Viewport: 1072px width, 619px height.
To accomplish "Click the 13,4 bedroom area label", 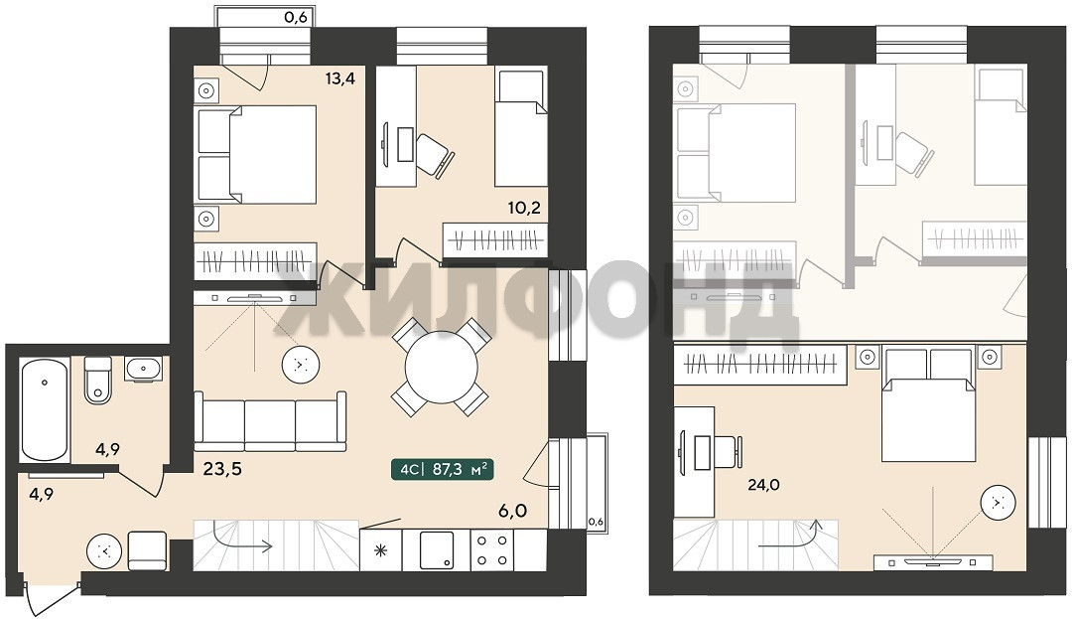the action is [339, 77].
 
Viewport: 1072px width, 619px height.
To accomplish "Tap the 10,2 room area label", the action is [524, 208].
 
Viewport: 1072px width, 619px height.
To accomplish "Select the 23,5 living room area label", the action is [223, 469].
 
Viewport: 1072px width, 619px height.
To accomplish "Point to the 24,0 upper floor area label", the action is [763, 485].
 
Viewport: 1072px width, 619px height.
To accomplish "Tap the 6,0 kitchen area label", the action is [513, 510].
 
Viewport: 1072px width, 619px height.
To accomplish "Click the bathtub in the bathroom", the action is [45, 410].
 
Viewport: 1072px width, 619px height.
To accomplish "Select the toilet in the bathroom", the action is [97, 381].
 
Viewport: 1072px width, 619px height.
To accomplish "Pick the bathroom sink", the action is [143, 370].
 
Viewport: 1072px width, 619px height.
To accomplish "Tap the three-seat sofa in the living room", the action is [270, 421].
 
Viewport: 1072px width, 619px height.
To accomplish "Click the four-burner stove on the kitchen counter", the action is [492, 549].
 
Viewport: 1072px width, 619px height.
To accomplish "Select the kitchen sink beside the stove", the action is [437, 549].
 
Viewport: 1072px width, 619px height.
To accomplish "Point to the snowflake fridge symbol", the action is [381, 550].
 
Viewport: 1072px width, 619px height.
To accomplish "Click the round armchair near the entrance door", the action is [104, 551].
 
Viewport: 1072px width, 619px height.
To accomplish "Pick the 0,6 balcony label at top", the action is [296, 17].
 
